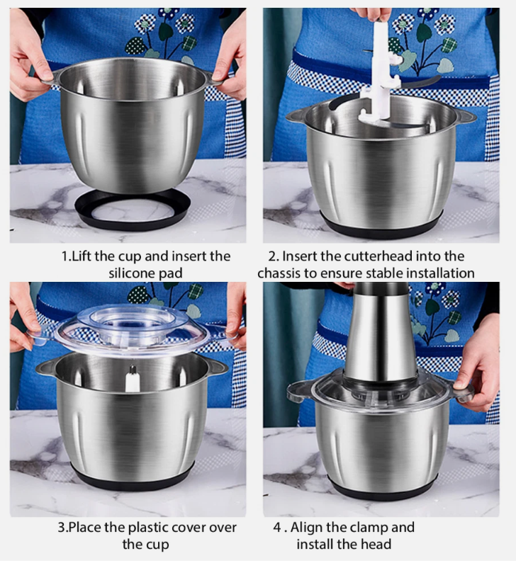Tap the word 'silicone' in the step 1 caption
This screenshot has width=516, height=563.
pos(132,273)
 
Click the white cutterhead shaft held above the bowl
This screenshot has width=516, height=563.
pos(381,72)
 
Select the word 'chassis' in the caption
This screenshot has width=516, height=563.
pos(279,273)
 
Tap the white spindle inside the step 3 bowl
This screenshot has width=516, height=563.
pos(132,380)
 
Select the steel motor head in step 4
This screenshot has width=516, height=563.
pos(380,334)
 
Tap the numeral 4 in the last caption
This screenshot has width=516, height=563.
pos(277,528)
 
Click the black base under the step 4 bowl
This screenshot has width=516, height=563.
pos(383,490)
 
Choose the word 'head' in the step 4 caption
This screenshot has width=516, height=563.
pos(376,545)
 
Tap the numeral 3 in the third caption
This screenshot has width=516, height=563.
pos(62,528)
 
